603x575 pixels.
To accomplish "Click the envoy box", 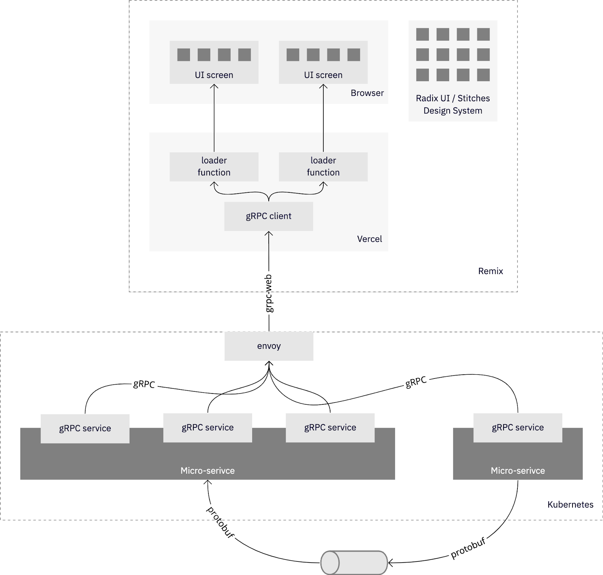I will tap(269, 346).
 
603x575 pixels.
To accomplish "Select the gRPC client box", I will tap(268, 216).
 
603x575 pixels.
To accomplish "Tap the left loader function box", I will tap(214, 166).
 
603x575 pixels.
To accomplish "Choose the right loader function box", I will tap(323, 166).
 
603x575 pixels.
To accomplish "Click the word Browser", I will tap(367, 93).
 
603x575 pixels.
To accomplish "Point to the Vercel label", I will tap(369, 239).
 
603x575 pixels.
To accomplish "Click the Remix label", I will tap(490, 271).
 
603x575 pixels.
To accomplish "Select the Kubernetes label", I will tap(570, 505).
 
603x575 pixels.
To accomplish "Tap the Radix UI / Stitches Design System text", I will tap(453, 104).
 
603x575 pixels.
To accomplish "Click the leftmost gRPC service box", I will tap(85, 429).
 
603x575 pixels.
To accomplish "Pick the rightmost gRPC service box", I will tap(517, 428).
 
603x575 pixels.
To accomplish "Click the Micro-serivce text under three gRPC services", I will tap(207, 471).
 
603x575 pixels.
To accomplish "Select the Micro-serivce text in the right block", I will tap(517, 471).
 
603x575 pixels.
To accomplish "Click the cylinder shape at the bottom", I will tap(354, 563).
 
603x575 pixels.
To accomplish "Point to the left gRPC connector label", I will tap(144, 384).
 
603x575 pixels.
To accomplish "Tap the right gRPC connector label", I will tap(416, 382).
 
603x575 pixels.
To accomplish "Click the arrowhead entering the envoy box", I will tap(269, 363).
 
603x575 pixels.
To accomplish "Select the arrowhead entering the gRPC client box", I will tap(269, 234).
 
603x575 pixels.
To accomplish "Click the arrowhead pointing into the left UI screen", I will tap(214, 87).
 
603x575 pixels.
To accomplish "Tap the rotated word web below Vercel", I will tap(269, 282).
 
